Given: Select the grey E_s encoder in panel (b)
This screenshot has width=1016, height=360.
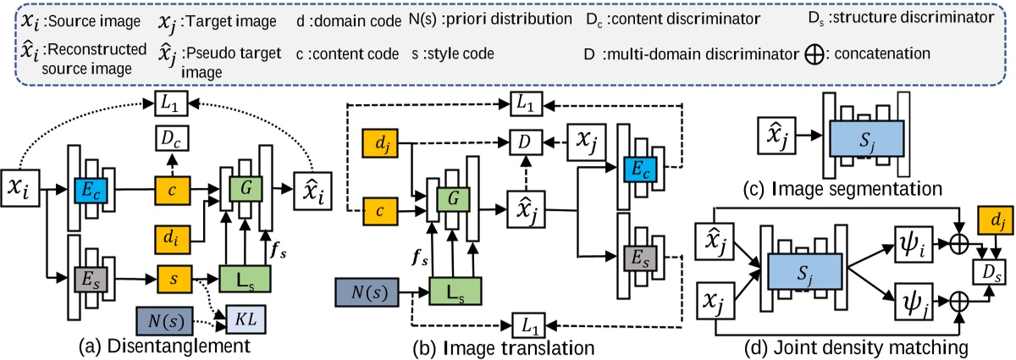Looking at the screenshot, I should point(640,257).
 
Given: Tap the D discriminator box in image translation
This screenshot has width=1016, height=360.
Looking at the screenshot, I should point(523,137).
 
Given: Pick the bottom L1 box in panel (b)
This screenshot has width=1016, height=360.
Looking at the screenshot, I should point(528,323).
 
